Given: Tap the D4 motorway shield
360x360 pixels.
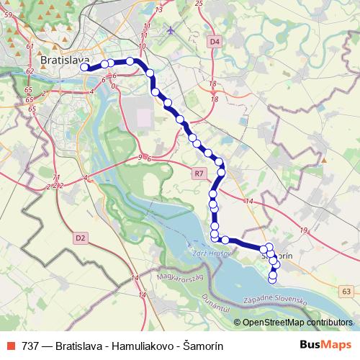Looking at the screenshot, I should pos(214,42).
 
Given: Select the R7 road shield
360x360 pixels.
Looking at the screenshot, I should pos(199,173).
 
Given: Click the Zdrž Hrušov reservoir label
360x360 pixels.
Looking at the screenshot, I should pos(212,253).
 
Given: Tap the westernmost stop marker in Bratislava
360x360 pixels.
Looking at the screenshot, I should pos(84,67).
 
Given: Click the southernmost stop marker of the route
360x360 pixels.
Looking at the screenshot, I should pos(272,278).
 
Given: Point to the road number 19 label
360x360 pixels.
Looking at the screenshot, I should pos(305,230).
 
